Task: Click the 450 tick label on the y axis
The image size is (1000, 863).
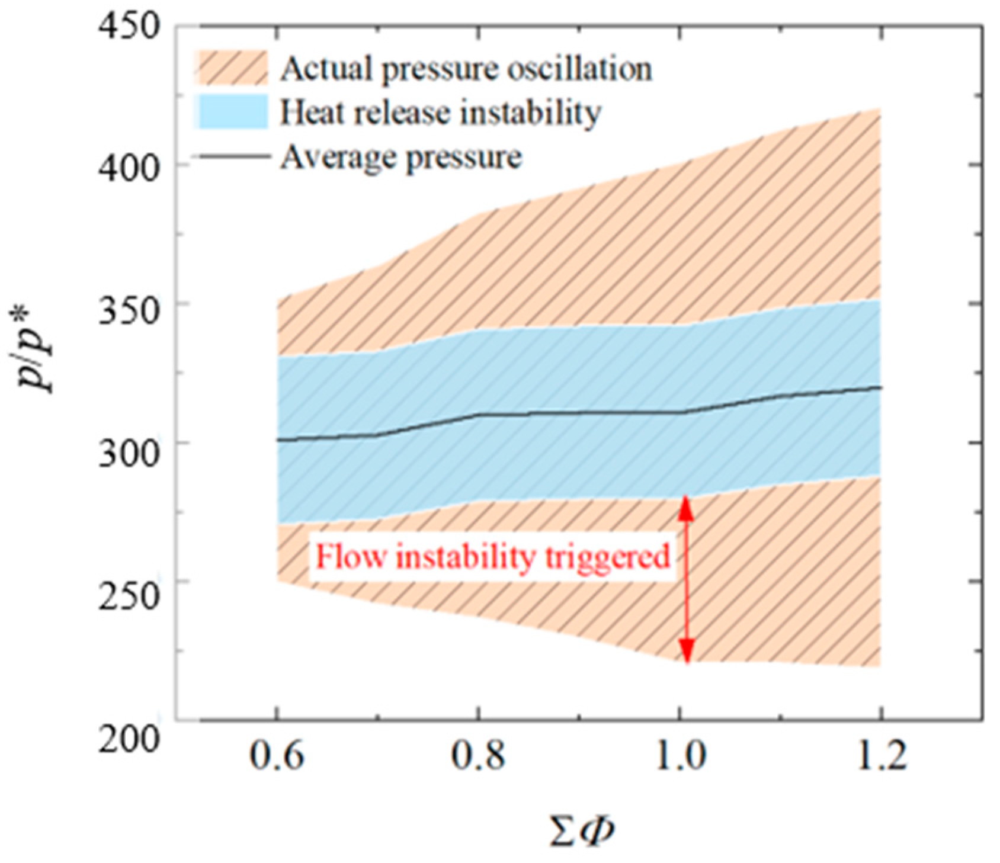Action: [129, 27]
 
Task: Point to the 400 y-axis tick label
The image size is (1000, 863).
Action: [129, 166]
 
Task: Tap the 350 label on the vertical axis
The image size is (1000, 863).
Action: [129, 304]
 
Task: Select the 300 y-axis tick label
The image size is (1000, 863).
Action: [129, 444]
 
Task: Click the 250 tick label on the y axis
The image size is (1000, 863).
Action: [129, 582]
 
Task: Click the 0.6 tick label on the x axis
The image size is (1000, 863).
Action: [277, 756]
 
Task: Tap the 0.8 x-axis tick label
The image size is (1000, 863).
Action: [478, 756]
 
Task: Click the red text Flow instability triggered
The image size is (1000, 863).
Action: [492, 558]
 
